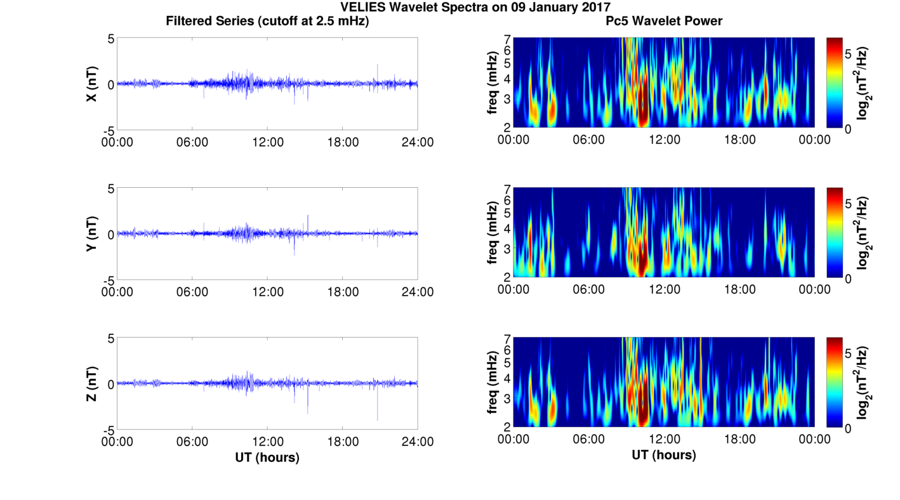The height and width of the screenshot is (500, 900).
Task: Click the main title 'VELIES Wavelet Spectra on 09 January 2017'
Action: pyautogui.click(x=475, y=8)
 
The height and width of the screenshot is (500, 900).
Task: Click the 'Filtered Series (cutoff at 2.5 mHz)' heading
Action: pyautogui.click(x=267, y=22)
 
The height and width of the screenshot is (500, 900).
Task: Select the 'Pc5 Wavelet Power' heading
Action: pyautogui.click(x=664, y=22)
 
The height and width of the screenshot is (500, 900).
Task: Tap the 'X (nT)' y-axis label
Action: pyautogui.click(x=92, y=84)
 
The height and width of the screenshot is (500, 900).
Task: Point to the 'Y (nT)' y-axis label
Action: pyautogui.click(x=92, y=234)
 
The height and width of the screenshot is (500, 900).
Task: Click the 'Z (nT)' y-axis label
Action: pyautogui.click(x=92, y=384)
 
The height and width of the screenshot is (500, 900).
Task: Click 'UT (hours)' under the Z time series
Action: pyautogui.click(x=267, y=457)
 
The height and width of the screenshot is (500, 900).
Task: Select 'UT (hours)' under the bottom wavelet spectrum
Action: pyautogui.click(x=664, y=455)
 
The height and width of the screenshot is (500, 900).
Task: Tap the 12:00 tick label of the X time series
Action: pyautogui.click(x=267, y=142)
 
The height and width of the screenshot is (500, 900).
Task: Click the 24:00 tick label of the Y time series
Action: pyautogui.click(x=417, y=292)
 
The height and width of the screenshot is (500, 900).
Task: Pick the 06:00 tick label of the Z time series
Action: pyautogui.click(x=192, y=442)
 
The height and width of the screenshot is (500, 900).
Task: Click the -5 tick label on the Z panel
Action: pyautogui.click(x=109, y=430)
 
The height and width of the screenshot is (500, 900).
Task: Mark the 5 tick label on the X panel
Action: pyautogui.click(x=111, y=39)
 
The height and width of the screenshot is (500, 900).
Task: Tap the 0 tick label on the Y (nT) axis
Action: pyautogui.click(x=111, y=234)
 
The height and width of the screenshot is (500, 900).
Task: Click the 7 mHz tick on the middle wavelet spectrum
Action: pyautogui.click(x=507, y=188)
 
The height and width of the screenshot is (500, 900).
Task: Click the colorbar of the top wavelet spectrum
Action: pyautogui.click(x=835, y=82)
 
